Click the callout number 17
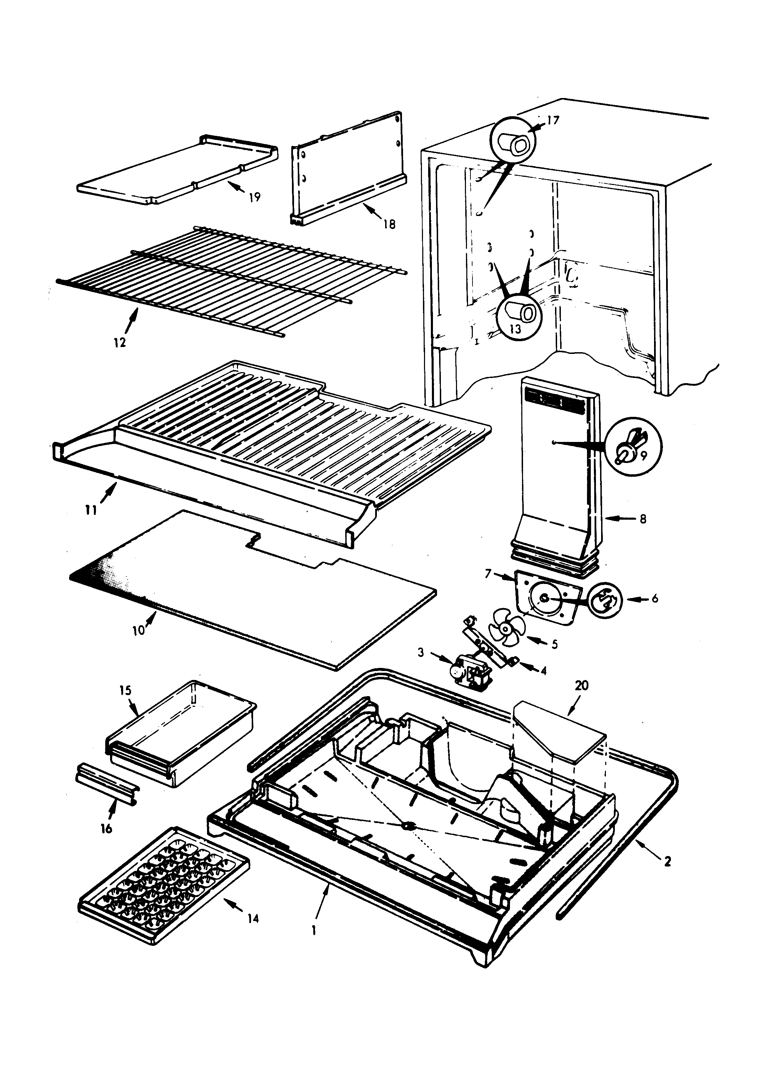pyautogui.click(x=553, y=120)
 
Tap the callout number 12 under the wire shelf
pyautogui.click(x=120, y=342)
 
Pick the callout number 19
pyautogui.click(x=254, y=197)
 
